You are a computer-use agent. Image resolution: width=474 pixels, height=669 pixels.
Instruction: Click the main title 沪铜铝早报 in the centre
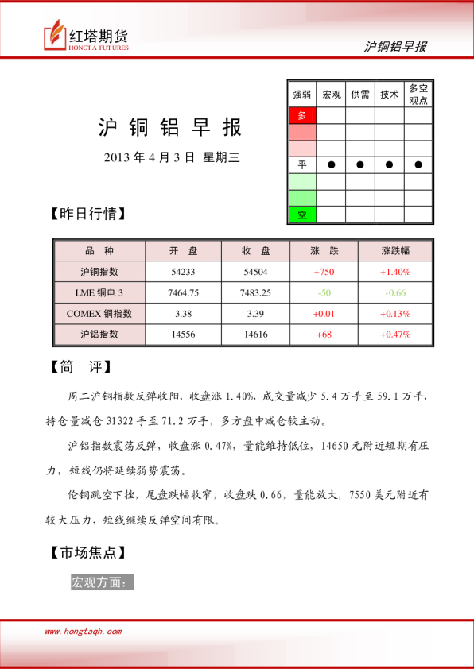tap(169, 128)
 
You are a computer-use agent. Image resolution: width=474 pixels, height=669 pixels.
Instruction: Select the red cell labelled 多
tap(301, 115)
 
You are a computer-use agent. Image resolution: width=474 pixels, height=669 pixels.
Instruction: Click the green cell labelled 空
tap(301, 215)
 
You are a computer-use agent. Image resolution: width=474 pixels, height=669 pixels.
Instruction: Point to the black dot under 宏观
tap(331, 165)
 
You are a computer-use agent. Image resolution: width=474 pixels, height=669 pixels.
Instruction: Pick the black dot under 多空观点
tap(418, 165)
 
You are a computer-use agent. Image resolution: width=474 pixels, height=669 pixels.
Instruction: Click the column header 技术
tap(389, 94)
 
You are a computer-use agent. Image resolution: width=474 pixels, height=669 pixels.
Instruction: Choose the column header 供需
tap(360, 94)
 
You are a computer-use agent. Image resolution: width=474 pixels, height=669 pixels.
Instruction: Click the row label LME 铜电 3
tap(99, 292)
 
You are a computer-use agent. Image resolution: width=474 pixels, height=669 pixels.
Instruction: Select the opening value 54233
tap(183, 272)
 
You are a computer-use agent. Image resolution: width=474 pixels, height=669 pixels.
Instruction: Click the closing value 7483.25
tap(255, 292)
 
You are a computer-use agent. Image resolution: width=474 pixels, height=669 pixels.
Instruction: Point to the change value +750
tap(324, 272)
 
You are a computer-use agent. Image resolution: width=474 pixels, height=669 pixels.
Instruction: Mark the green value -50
tap(324, 292)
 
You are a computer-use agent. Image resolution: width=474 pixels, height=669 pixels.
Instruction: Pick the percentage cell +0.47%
tap(395, 334)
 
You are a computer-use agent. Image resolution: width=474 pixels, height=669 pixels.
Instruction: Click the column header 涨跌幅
tap(395, 251)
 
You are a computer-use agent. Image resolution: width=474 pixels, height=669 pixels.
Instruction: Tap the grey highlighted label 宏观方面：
tap(102, 582)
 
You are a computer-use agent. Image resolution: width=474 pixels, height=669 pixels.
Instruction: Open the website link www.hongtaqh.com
tap(83, 632)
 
